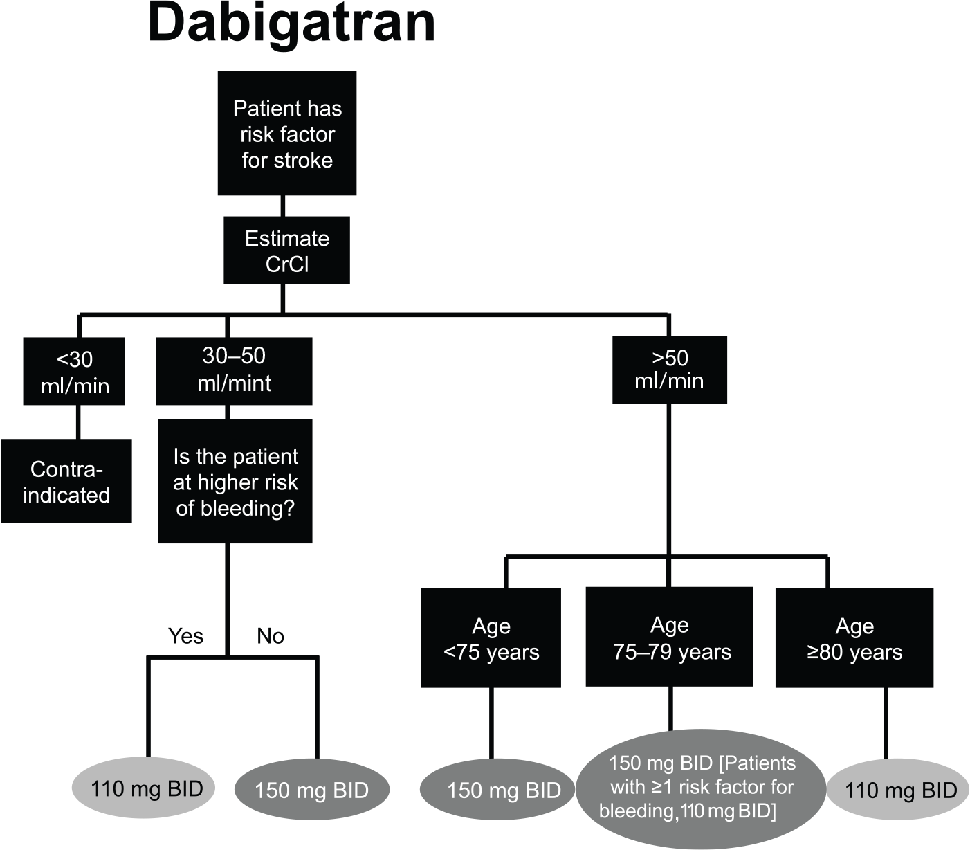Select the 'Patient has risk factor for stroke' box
(287, 134)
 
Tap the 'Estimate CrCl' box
(287, 251)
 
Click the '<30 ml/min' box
(75, 371)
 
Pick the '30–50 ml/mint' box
(235, 371)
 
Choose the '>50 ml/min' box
(670, 370)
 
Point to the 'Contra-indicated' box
(66, 481)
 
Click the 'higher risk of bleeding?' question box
(235, 481)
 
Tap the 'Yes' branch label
(186, 636)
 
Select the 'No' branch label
(271, 636)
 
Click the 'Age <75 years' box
(491, 638)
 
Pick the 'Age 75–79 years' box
(670, 637)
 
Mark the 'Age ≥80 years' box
(854, 638)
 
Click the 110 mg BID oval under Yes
(144, 788)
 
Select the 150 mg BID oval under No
(312, 789)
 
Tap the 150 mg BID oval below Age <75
(498, 789)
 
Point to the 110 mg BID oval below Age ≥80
(898, 789)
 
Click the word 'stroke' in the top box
(304, 160)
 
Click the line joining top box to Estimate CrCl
(283, 206)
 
